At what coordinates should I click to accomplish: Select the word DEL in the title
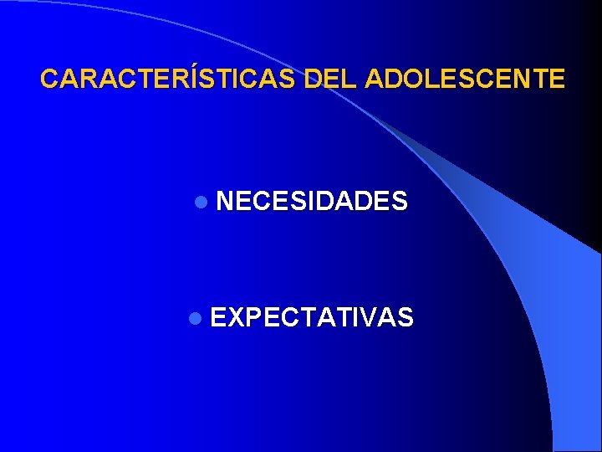331,80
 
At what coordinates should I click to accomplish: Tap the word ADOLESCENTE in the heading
465,80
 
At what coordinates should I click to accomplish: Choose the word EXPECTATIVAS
311,317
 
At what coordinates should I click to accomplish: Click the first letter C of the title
49,80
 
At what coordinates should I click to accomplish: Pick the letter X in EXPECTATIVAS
237,317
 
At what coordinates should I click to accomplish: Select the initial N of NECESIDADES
226,201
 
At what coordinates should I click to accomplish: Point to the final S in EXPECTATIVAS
404,317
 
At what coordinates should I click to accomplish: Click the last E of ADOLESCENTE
557,80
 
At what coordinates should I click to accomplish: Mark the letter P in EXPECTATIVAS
256,317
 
